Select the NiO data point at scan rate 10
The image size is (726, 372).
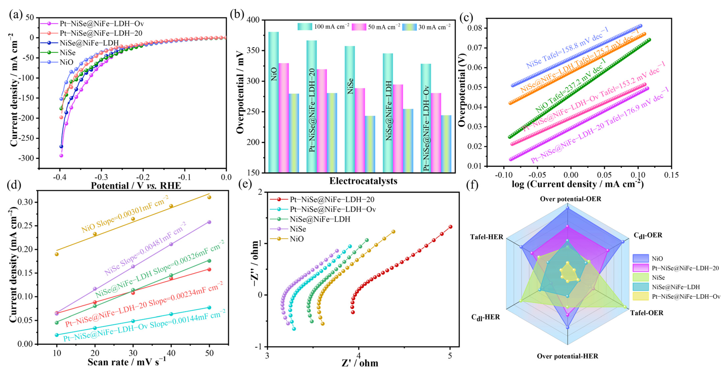[57, 254]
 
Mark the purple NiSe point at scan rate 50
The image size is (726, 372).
[209, 222]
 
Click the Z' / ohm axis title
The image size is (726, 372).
[360, 363]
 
